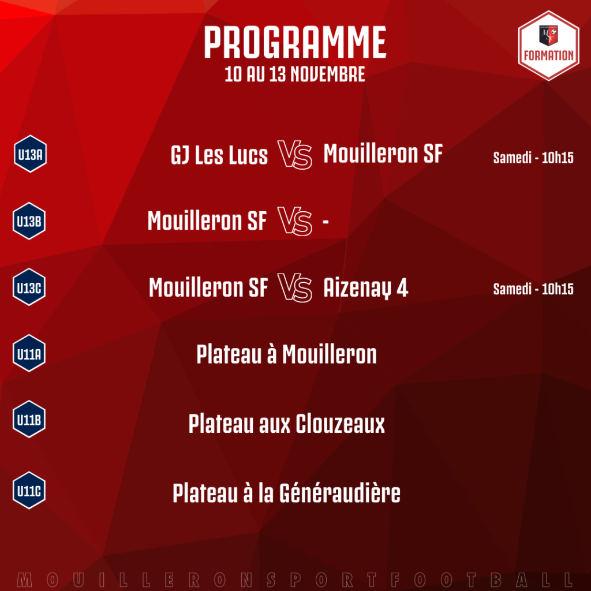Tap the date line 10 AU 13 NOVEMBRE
click(x=295, y=74)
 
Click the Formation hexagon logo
click(x=548, y=46)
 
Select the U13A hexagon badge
click(x=30, y=154)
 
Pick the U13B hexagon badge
click(x=29, y=221)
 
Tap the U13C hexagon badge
click(x=29, y=287)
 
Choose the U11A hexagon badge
click(x=29, y=354)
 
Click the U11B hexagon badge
click(x=29, y=419)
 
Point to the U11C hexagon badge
click(x=29, y=491)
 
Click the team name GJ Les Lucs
click(x=219, y=155)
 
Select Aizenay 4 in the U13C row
click(x=365, y=288)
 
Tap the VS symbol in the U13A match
click(x=295, y=155)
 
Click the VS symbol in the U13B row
click(x=295, y=221)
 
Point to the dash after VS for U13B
click(x=326, y=222)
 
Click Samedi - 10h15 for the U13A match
click(x=533, y=158)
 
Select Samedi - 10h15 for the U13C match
click(x=533, y=289)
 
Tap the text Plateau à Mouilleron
click(x=286, y=354)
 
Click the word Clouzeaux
click(x=340, y=424)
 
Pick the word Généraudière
click(x=339, y=493)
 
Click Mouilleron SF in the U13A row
click(x=383, y=154)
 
